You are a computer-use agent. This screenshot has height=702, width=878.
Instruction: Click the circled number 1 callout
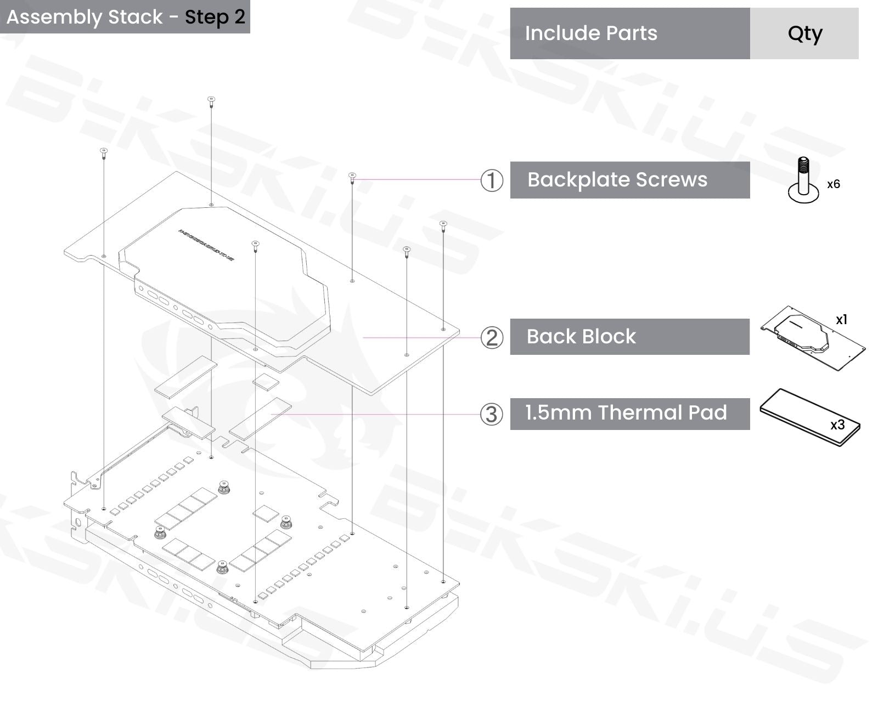coord(492,180)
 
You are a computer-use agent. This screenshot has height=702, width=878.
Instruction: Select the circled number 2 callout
coord(492,337)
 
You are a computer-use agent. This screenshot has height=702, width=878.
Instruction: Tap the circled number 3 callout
coord(492,414)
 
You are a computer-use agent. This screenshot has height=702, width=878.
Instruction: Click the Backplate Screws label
coord(617,180)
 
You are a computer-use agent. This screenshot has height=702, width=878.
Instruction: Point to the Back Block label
coord(581,336)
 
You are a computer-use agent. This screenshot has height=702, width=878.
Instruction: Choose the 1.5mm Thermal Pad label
coord(626,413)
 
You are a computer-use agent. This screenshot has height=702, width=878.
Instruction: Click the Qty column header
coord(804,33)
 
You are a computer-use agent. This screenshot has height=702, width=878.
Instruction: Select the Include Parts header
coord(591,33)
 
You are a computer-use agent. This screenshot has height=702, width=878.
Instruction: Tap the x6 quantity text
coord(834,184)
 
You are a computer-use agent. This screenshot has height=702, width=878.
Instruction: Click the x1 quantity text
coord(841,320)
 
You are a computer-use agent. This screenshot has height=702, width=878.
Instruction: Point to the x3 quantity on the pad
coord(837,424)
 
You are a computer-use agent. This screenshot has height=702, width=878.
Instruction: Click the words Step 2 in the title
coord(215,17)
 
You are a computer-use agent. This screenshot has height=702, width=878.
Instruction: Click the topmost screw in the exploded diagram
coord(211,100)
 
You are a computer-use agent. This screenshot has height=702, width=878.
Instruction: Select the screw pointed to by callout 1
coord(352,176)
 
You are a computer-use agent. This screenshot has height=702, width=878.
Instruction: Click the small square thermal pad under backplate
coord(266,382)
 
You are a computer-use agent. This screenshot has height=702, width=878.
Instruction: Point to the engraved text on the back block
coord(206,245)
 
